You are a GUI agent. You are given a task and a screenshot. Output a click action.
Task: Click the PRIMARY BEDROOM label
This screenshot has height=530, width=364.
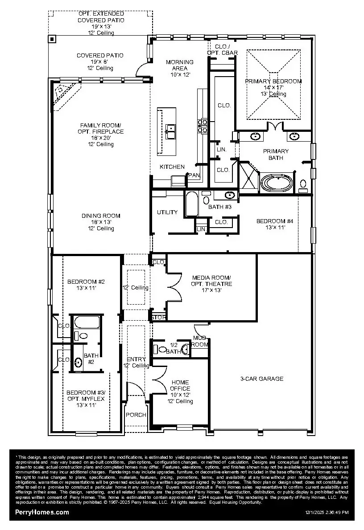pos(273,82)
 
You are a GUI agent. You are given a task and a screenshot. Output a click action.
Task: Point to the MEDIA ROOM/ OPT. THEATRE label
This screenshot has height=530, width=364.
pos(211,284)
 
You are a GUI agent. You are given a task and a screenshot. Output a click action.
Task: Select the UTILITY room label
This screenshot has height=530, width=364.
pos(167,212)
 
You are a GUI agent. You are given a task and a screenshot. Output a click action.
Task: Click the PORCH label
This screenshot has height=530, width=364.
pos(136,415)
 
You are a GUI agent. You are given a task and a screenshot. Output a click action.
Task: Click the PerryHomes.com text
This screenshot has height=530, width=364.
pos(42,512)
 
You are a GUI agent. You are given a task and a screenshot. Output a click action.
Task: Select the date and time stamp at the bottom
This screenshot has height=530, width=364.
pos(327,513)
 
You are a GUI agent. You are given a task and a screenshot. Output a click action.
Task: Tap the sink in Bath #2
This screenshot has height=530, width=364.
pos(78,363)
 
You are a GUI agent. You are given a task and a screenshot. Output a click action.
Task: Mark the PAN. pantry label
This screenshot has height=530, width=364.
pos(194,175)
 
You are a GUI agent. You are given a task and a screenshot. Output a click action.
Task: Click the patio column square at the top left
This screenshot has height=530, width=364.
pos(52,39)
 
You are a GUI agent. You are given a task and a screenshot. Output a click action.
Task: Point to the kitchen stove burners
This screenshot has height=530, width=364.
pos(203,126)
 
